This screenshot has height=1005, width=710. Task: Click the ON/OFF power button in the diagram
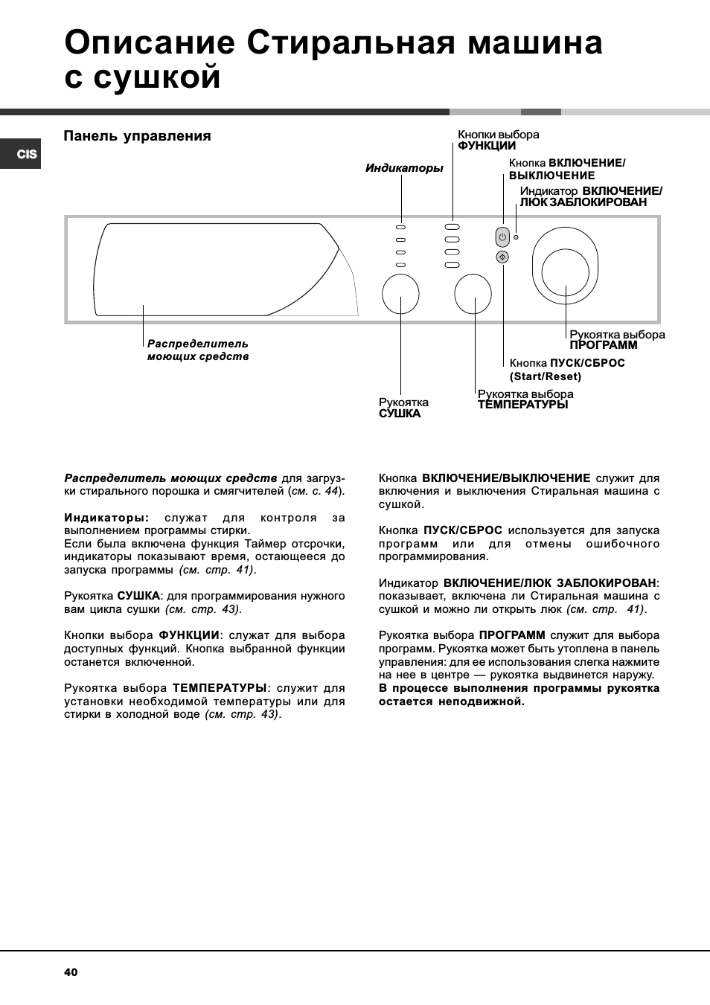[502, 237]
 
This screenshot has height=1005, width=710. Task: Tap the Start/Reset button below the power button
[502, 257]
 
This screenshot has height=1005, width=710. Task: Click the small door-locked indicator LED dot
[516, 237]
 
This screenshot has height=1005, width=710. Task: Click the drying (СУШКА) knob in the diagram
[400, 294]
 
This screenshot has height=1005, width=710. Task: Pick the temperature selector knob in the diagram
[473, 294]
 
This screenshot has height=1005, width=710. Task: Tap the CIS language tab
[26, 154]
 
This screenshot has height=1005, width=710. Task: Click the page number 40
[71, 972]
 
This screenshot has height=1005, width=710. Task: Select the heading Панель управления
[137, 136]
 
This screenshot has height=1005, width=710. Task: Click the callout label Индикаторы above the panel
[403, 168]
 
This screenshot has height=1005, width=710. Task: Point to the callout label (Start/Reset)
[545, 376]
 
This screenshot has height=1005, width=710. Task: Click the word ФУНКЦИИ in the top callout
[486, 146]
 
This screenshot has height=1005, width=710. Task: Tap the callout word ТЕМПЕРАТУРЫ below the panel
[522, 405]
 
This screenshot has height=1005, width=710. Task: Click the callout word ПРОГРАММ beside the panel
[603, 345]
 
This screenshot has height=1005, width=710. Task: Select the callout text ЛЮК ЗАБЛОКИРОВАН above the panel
[583, 202]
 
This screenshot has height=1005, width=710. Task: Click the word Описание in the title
[150, 42]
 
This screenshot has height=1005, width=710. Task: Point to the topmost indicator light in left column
[400, 227]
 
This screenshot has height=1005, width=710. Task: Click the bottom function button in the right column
[452, 265]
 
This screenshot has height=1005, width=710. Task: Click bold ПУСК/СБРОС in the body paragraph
[462, 530]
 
